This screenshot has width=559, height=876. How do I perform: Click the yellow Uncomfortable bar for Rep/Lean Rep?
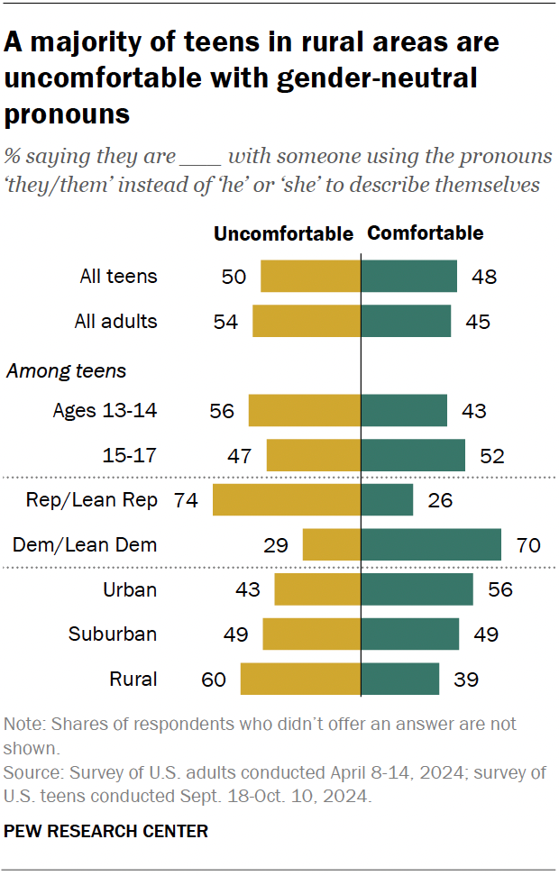click(287, 500)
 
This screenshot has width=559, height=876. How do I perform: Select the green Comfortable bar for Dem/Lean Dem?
click(431, 544)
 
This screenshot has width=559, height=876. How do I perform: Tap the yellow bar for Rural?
click(300, 679)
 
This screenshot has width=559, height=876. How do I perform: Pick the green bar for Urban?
click(417, 589)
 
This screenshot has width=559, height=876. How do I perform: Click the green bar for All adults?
click(406, 321)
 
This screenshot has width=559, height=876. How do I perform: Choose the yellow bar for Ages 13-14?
click(304, 411)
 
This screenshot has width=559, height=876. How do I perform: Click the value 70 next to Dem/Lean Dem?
click(527, 544)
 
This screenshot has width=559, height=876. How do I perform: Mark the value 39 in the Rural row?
click(465, 679)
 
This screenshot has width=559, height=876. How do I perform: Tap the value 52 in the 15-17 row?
click(491, 456)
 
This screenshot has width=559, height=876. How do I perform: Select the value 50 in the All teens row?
click(234, 277)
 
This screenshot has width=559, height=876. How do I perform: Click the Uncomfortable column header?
click(283, 234)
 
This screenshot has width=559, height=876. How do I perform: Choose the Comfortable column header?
click(426, 233)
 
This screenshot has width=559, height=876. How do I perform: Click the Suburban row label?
click(113, 634)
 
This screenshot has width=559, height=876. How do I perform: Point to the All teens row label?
click(118, 277)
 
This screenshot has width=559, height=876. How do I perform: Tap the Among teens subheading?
click(67, 370)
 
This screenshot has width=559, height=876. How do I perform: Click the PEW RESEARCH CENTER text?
click(106, 831)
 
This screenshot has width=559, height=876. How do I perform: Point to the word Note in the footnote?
click(22, 725)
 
